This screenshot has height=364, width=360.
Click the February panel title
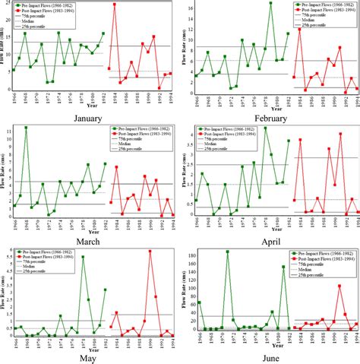tap(269, 119)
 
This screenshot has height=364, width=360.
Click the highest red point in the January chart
tap(114, 5)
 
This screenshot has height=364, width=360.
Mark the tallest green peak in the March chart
tap(26, 128)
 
